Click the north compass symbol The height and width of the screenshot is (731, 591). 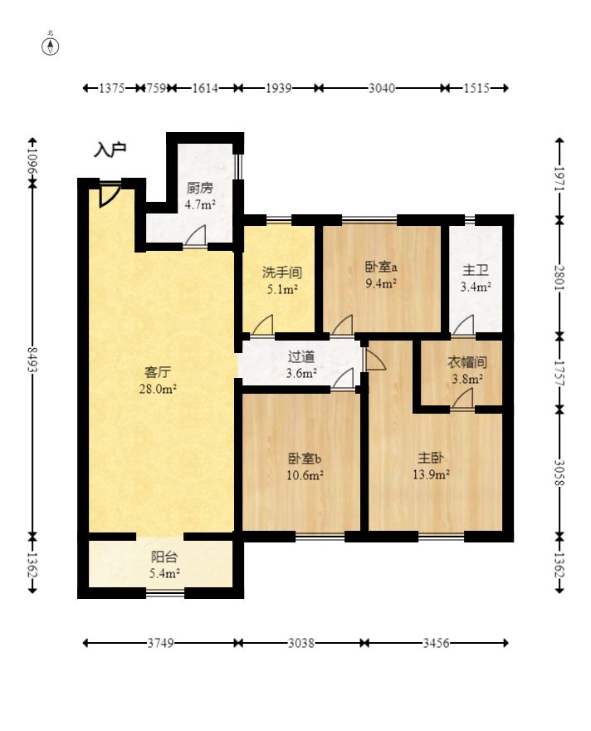pyautogui.click(x=51, y=45)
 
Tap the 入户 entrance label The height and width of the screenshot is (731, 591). pyautogui.click(x=110, y=150)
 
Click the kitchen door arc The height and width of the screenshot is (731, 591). pyautogui.click(x=197, y=237)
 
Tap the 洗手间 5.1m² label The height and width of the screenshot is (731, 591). pyautogui.click(x=280, y=280)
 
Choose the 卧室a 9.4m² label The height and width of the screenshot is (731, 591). pyautogui.click(x=381, y=275)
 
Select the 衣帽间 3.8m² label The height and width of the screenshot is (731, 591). pyautogui.click(x=466, y=370)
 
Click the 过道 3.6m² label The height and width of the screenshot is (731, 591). pyautogui.click(x=300, y=365)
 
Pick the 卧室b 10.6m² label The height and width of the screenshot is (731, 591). pyautogui.click(x=305, y=466)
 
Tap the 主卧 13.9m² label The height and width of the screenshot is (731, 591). pyautogui.click(x=432, y=465)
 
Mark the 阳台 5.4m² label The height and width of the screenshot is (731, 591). pyautogui.click(x=164, y=565)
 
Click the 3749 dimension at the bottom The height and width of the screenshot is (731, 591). pyautogui.click(x=161, y=643)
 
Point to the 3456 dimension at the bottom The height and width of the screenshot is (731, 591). pyautogui.click(x=437, y=643)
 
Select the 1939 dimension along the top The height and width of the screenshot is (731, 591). pyautogui.click(x=278, y=87)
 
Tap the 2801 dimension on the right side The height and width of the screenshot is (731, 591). pyautogui.click(x=559, y=277)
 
